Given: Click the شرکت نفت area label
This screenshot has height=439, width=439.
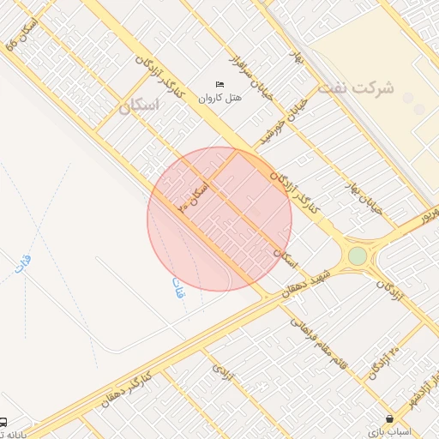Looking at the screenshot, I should [354, 88].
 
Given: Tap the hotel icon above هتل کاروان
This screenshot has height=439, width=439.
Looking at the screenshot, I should [220, 85].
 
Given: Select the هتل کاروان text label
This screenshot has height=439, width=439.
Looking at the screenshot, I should [220, 98].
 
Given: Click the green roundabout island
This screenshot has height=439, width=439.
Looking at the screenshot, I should [357, 256].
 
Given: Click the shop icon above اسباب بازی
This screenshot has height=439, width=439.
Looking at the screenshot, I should [391, 419].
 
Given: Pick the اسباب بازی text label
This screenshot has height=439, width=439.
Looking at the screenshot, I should [391, 431].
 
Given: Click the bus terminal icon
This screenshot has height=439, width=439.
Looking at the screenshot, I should [4, 422].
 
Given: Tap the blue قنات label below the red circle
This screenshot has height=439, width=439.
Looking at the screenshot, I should [177, 289].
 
